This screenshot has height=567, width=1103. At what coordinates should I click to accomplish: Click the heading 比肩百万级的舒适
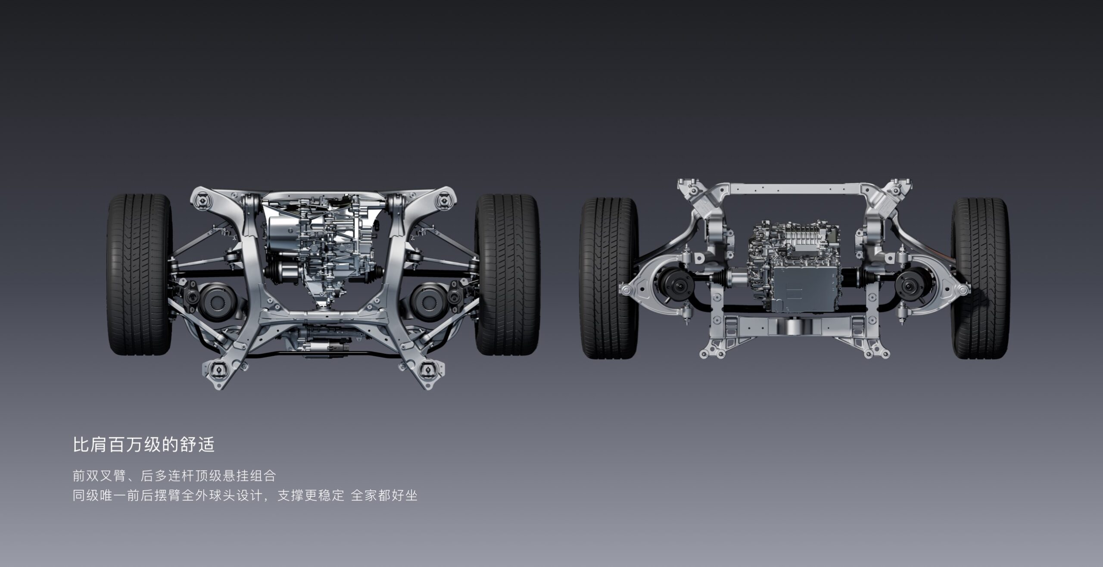[144, 445]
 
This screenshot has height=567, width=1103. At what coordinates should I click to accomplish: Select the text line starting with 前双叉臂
[174, 476]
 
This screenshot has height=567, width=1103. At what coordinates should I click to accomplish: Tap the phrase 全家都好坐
[384, 495]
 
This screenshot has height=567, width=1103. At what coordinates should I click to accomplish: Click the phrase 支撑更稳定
[311, 495]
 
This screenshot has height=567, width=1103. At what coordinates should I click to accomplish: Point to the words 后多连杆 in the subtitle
[167, 476]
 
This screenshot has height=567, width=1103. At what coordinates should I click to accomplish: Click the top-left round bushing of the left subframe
[203, 200]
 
